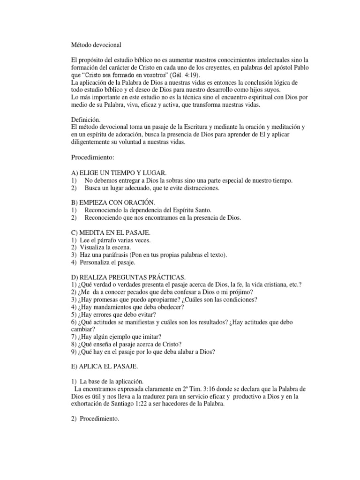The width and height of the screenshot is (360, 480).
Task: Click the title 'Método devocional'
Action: click(x=96, y=45)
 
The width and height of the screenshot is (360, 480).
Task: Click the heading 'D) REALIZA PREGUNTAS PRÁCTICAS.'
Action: click(x=128, y=278)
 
